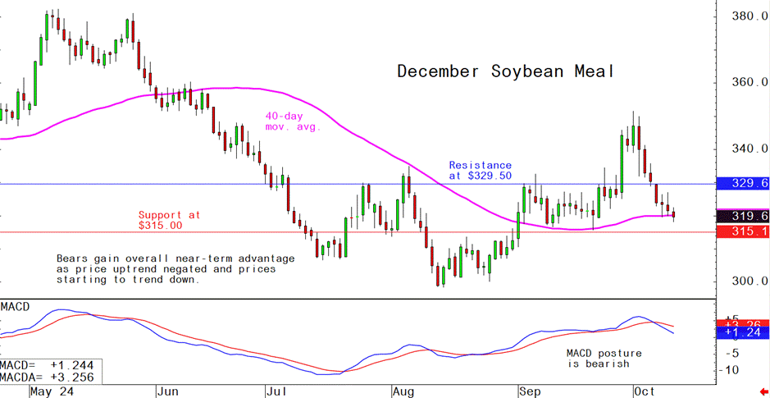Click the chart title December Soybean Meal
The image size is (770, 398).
(x=505, y=71)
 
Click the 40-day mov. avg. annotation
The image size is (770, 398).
(x=292, y=121)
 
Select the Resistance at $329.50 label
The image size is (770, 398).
(x=481, y=171)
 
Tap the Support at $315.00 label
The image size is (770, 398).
(x=168, y=220)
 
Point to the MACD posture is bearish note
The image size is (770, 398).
(x=604, y=359)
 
